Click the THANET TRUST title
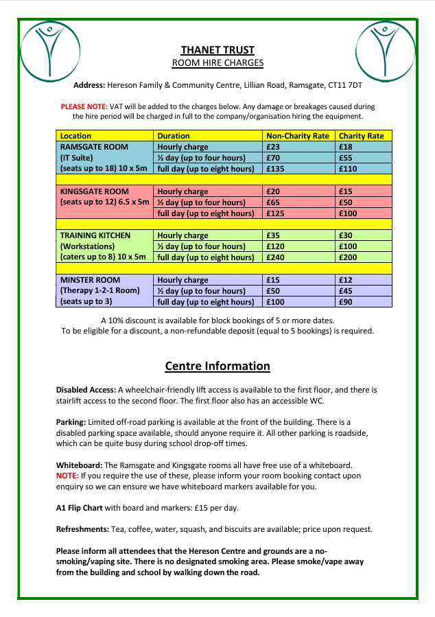[217, 50]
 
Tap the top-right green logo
[386, 49]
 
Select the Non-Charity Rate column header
[298, 136]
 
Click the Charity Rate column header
[362, 136]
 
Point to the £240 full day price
[277, 257]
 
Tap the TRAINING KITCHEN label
[95, 235]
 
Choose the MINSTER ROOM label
[90, 280]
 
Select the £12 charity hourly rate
[346, 280]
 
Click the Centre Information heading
[217, 366]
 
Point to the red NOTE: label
[67, 475]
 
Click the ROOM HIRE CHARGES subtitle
[217, 63]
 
